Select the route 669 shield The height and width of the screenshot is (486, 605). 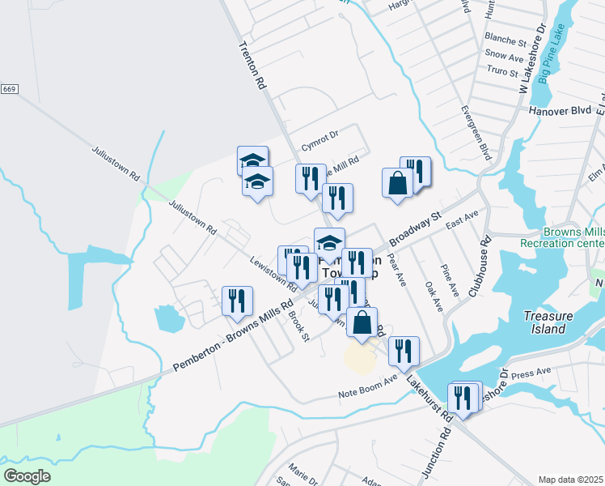click(9, 88)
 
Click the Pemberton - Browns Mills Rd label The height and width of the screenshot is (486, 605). click(232, 338)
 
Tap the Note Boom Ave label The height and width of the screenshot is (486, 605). click(367, 387)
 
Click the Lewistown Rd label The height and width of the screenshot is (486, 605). click(273, 276)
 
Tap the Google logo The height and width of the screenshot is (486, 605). click(27, 475)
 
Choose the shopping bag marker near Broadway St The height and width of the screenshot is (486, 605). click(397, 182)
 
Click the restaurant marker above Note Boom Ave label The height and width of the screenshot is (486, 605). click(403, 351)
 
